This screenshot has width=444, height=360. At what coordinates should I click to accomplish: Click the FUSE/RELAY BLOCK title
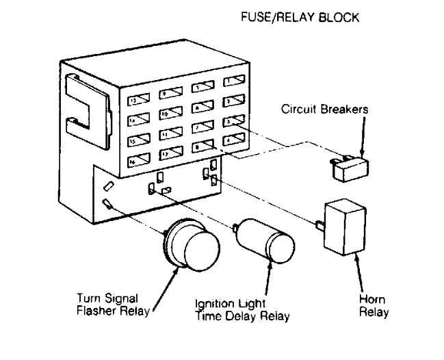(298, 18)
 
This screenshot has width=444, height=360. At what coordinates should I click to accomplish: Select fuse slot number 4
(235, 140)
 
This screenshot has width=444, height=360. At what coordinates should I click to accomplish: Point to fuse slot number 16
(139, 161)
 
